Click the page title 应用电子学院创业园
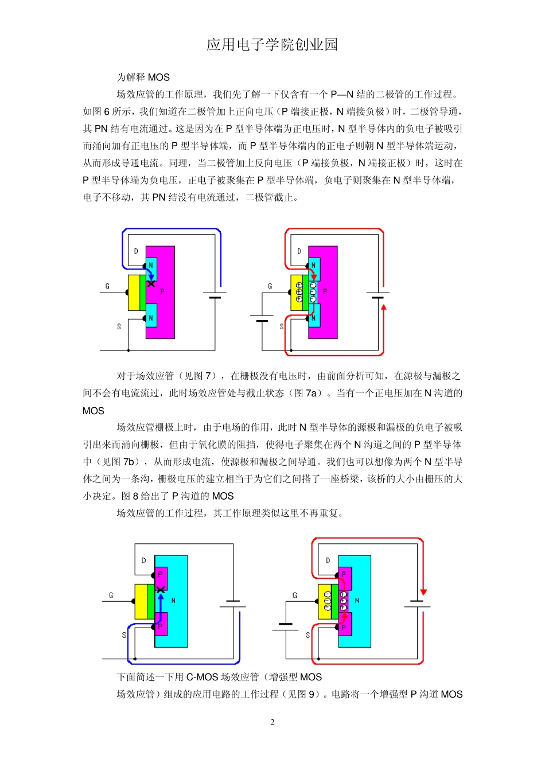point(272,45)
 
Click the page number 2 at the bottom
point(272,722)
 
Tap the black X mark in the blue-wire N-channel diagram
point(151,283)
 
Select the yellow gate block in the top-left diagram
point(134,293)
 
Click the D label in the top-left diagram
point(136,251)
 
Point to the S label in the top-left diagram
point(119,326)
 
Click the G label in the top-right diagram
point(270,286)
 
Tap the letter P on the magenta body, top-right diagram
point(325,291)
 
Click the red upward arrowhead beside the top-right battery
point(384,307)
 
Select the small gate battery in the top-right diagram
point(262,318)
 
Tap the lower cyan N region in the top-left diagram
point(151,316)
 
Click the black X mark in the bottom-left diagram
point(161,590)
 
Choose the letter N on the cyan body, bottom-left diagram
point(173,601)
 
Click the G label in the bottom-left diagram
point(111,595)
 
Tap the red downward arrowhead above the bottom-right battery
point(423,591)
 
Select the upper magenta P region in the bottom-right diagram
point(344,577)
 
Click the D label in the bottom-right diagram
point(328,560)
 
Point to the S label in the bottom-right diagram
point(308,635)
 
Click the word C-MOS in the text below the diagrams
point(203,677)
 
